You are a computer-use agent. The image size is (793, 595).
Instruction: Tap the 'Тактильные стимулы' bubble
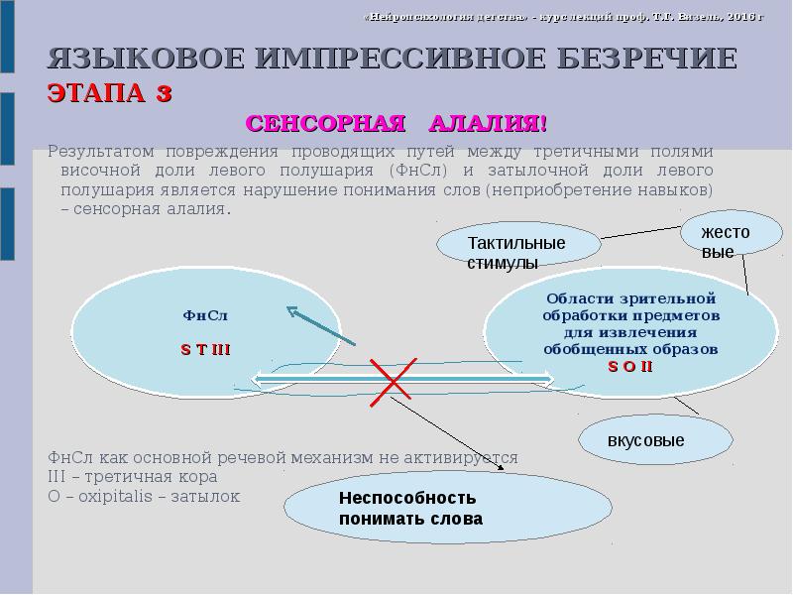point(517,252)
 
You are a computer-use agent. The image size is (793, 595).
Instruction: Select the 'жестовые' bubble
point(727,241)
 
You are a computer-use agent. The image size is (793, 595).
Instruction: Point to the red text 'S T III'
point(205,349)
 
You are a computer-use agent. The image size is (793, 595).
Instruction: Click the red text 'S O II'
point(630,366)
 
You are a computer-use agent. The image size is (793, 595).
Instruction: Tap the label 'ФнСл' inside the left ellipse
point(205,315)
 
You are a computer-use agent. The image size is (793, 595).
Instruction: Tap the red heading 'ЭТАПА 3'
point(110,94)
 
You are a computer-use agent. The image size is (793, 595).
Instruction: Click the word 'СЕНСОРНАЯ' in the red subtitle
point(326,124)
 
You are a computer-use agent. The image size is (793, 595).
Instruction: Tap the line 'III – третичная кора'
point(130,477)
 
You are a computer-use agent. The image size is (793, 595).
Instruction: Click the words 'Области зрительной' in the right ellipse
point(630,297)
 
